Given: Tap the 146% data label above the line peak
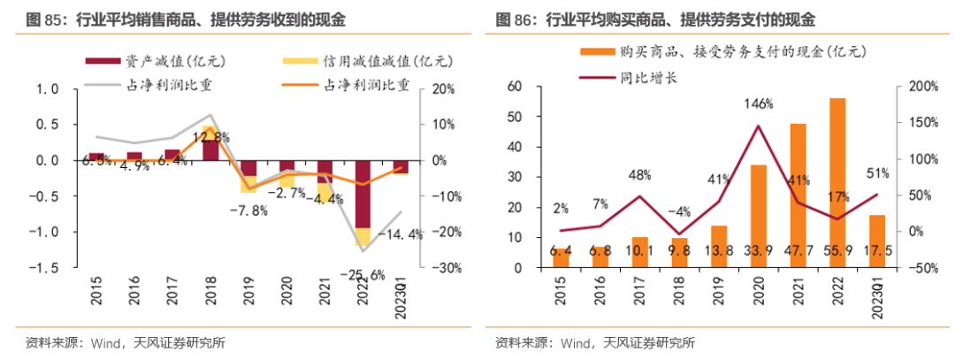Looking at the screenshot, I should point(759,103).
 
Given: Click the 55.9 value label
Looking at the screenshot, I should point(837,251).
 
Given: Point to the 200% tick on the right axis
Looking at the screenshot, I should point(914,87).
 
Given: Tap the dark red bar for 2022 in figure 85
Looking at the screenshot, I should point(363,194).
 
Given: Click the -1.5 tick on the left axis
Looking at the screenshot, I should point(46,267).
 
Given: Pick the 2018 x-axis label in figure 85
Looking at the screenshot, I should point(210,290).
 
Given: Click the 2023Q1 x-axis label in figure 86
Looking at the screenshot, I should point(876,295).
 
